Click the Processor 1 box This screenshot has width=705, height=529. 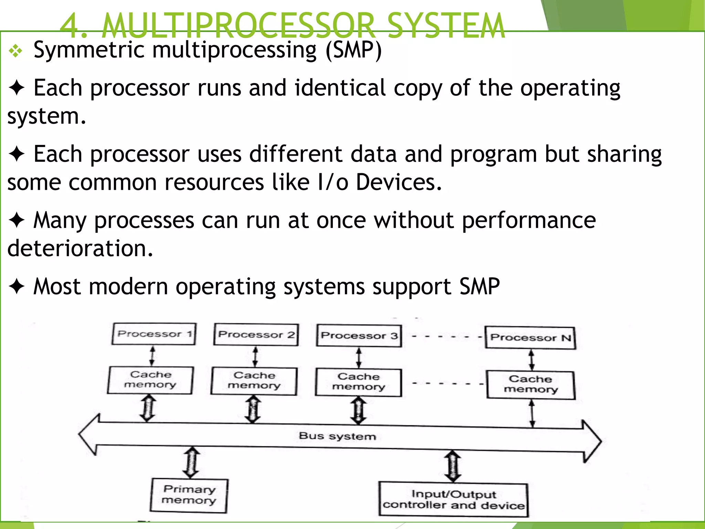[154, 334]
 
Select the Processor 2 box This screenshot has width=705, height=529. [256, 334]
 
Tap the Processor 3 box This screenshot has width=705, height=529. [359, 336]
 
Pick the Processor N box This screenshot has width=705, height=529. [530, 338]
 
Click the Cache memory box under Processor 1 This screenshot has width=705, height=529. [150, 380]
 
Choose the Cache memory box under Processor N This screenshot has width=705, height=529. [530, 384]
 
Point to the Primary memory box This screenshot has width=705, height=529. [189, 495]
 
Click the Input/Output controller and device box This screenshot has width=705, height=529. [453, 500]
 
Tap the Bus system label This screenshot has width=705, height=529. [337, 436]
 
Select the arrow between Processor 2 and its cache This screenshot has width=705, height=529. [255, 357]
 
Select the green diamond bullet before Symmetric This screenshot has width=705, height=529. [16, 52]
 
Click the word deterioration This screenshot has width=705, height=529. [80, 248]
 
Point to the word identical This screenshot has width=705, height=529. [340, 88]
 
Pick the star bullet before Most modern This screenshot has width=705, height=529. [17, 287]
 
